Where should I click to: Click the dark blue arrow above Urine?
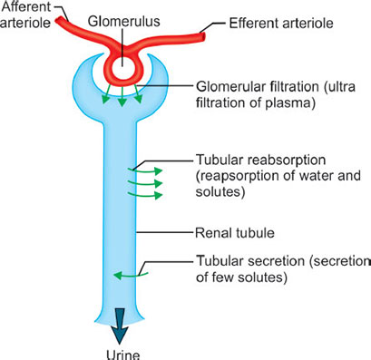[x=122, y=318]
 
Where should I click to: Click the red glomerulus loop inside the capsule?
[x=122, y=67]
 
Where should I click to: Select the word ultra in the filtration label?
[x=339, y=87]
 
